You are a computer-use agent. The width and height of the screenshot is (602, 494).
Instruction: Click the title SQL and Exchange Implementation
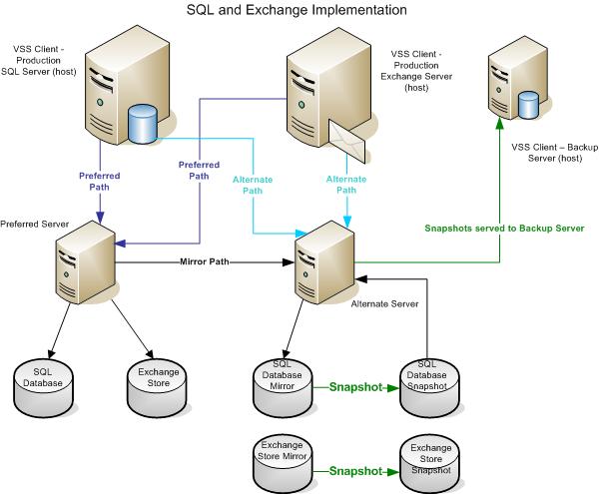pos(298,10)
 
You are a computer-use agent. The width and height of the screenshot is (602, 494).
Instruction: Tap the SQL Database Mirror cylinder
pos(281,384)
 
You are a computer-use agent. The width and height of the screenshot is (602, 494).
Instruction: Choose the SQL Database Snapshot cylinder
pos(427,384)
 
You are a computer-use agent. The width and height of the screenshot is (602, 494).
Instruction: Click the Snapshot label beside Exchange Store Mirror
pos(353,470)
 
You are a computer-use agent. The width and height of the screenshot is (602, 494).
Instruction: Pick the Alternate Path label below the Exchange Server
pos(346,184)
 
